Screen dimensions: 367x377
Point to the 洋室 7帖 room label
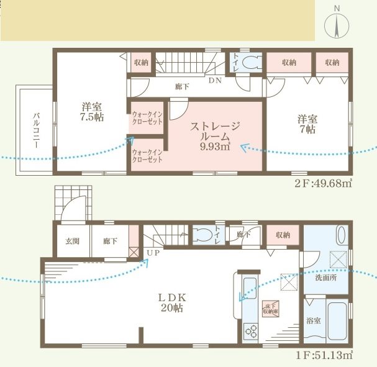pos(306,124)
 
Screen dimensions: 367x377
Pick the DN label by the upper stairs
pos(215,81)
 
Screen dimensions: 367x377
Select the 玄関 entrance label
pos(72,242)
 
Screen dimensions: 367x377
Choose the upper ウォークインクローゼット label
pos(147,117)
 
